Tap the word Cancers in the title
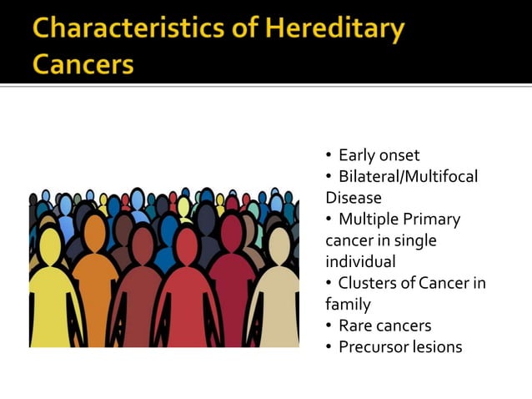coord(83,63)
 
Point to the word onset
coord(399,155)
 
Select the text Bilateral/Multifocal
coord(409,177)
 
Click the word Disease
coord(353,199)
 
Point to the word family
coord(348,305)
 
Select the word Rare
coord(355,326)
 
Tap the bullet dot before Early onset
coord(329,156)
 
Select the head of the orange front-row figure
coord(95,233)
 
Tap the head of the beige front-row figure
coord(279,245)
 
